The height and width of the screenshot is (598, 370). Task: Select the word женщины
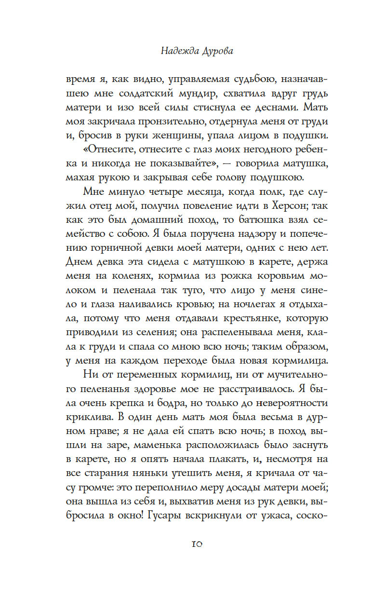[160, 144]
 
